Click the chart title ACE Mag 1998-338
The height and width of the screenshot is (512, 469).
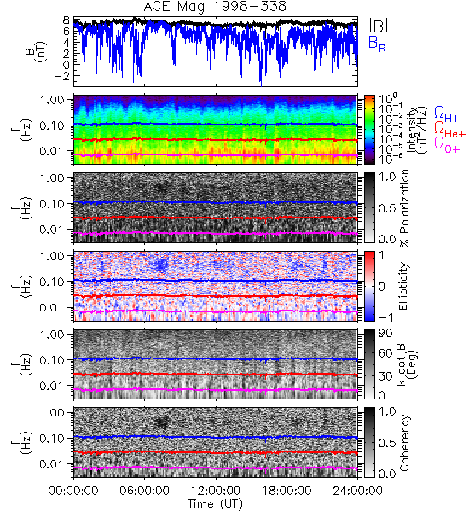(215, 7)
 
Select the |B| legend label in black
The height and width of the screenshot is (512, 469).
(379, 26)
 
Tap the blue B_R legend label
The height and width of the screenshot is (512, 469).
(377, 44)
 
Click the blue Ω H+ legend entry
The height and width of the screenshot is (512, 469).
(447, 114)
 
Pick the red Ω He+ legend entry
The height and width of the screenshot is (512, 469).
(449, 130)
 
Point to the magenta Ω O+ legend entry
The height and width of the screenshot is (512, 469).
(447, 145)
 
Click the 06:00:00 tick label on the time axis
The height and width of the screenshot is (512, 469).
(145, 491)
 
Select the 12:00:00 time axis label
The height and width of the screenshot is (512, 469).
(216, 491)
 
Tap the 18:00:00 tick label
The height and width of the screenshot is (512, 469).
(287, 491)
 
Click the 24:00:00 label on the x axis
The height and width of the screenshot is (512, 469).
(357, 491)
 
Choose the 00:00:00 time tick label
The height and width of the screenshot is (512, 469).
(73, 491)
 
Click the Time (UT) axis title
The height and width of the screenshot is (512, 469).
(215, 503)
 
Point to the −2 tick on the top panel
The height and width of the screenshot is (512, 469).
(62, 76)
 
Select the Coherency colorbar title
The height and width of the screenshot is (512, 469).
(404, 443)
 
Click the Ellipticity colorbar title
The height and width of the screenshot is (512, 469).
(404, 286)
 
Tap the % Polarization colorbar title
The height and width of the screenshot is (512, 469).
(405, 208)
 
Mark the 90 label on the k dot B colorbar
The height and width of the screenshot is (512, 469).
(385, 334)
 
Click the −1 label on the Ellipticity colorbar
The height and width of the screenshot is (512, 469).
(385, 317)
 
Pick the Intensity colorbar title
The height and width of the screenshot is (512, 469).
(418, 130)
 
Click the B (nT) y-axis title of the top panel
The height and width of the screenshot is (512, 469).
(36, 52)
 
